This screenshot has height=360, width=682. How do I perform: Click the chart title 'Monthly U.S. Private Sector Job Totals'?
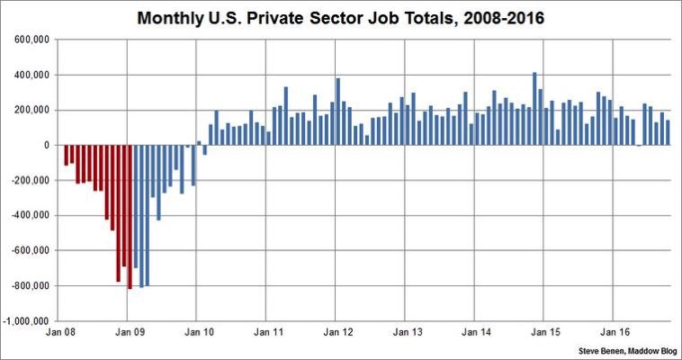click(x=341, y=17)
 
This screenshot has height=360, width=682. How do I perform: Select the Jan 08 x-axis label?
click(x=60, y=333)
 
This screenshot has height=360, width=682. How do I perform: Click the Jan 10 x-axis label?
click(x=199, y=333)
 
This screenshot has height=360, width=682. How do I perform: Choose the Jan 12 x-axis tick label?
click(x=337, y=333)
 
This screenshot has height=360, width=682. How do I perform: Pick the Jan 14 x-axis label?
click(x=476, y=333)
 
